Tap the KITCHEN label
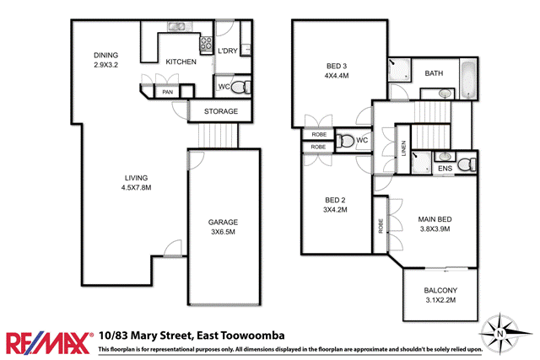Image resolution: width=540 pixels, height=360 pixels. [181, 62]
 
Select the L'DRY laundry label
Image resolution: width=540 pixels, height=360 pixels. [226, 51]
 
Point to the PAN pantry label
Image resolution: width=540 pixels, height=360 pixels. [168, 91]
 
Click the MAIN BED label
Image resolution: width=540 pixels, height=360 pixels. [435, 224]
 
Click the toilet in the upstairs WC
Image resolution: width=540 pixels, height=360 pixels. [344, 141]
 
